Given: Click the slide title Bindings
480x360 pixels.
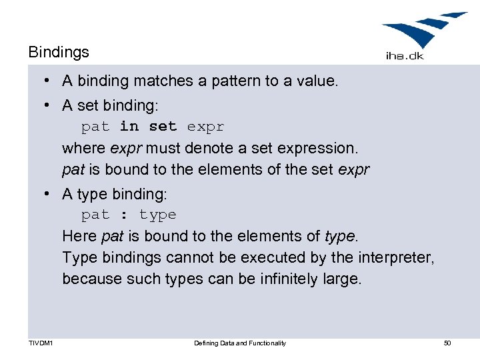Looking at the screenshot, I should [x=59, y=51].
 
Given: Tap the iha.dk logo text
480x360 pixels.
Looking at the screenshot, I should [x=405, y=56].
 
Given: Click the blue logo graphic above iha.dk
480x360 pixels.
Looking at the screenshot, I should [x=424, y=31].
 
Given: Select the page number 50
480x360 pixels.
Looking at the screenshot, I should [x=447, y=343].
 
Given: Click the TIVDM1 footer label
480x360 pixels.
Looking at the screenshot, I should [x=41, y=343].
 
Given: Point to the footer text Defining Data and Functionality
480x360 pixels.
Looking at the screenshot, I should [x=240, y=343].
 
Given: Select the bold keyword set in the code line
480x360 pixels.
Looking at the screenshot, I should [x=163, y=126].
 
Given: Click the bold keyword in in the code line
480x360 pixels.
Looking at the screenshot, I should [x=129, y=126].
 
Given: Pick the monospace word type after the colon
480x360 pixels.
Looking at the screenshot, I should [x=158, y=215].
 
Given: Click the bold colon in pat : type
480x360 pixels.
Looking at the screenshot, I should [x=124, y=215].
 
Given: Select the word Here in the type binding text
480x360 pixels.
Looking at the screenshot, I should [x=79, y=236].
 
